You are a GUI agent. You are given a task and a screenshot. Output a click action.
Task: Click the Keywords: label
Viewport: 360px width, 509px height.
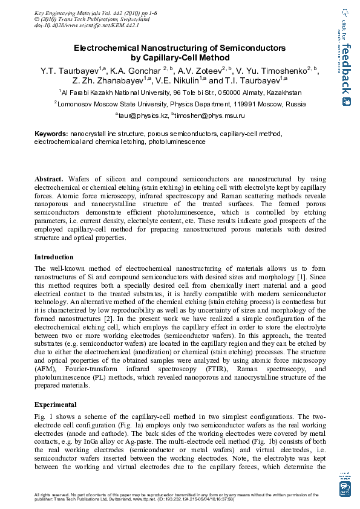click(51, 133)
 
